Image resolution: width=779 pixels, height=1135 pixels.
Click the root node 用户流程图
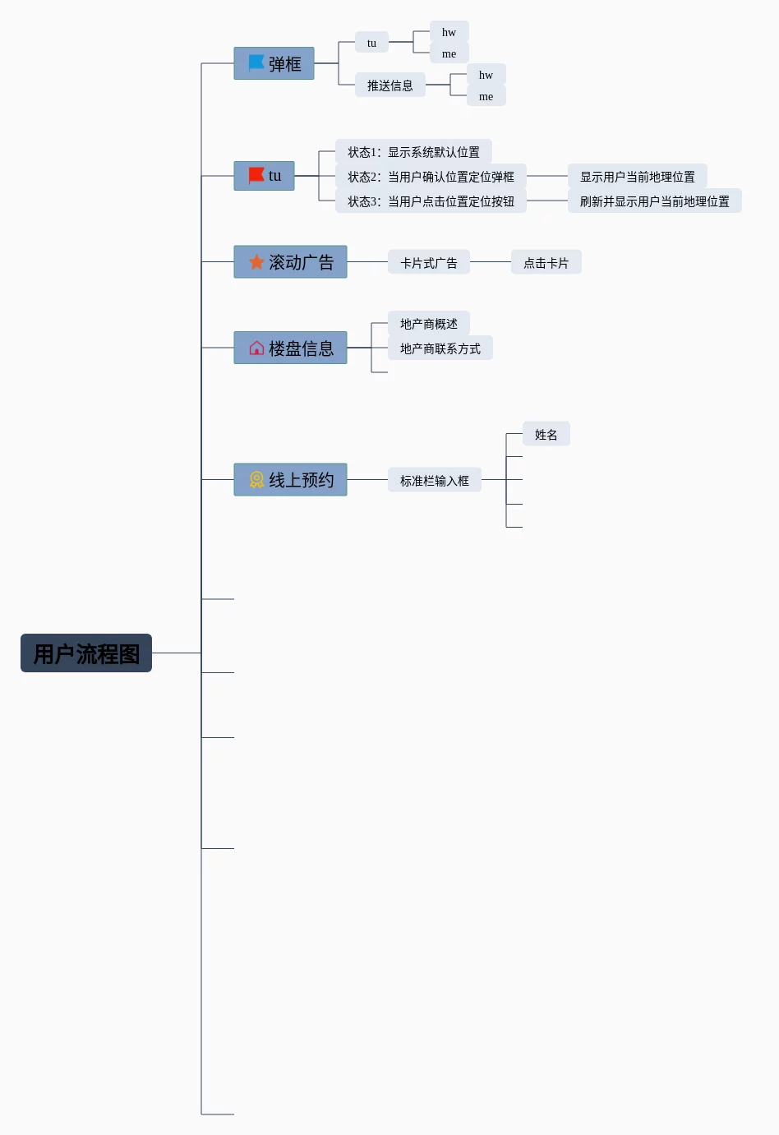(86, 653)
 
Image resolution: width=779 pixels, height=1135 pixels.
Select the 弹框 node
(274, 63)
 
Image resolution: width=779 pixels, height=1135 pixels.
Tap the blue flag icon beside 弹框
(256, 62)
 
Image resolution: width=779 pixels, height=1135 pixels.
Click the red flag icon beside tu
(256, 175)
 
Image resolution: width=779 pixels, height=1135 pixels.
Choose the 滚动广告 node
(291, 262)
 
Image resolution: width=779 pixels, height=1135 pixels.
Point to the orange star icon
(256, 261)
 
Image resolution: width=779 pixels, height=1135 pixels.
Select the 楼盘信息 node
(291, 348)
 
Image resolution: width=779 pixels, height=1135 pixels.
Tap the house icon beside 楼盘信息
(256, 348)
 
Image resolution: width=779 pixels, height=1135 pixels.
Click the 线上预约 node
(291, 479)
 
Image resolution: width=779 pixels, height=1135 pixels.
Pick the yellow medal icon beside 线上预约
(256, 479)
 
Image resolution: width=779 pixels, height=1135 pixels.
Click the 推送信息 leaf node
(390, 85)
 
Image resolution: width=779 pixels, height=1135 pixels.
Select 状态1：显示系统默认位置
(413, 152)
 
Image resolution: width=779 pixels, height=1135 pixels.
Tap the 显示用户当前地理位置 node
(637, 177)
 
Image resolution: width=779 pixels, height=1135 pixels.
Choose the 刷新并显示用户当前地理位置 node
(654, 201)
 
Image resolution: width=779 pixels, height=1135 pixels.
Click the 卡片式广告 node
(429, 263)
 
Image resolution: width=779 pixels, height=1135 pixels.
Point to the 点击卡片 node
(546, 263)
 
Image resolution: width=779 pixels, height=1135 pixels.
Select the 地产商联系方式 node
(440, 348)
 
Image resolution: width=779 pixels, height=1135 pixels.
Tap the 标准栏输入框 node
(435, 480)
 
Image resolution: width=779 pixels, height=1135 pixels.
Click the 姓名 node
(546, 435)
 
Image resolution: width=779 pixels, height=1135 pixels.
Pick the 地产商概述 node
(429, 324)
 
